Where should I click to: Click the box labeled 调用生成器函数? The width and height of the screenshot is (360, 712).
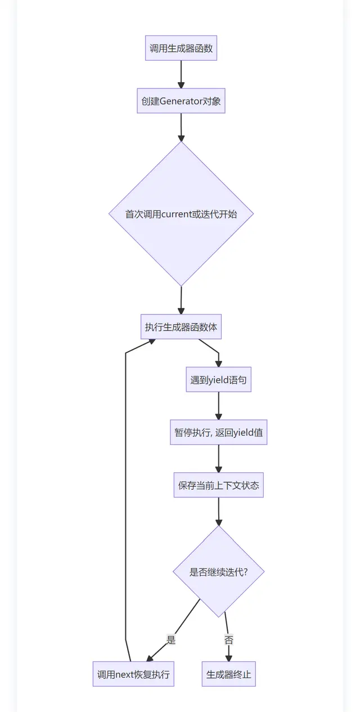tap(181, 48)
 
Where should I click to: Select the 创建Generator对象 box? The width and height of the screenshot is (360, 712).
tap(181, 101)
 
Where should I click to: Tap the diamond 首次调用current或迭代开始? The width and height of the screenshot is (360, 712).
tap(181, 214)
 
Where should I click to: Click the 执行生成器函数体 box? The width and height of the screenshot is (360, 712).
tap(181, 327)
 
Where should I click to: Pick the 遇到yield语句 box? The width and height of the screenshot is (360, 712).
tap(218, 380)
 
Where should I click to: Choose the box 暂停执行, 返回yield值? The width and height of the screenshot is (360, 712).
tap(218, 433)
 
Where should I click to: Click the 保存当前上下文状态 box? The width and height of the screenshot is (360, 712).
tap(218, 485)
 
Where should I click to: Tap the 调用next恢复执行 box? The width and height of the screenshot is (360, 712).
tap(133, 674)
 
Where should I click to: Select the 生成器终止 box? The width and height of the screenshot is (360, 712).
tap(228, 674)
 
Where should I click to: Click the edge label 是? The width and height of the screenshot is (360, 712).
tap(171, 639)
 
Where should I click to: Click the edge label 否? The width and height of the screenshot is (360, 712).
tap(228, 640)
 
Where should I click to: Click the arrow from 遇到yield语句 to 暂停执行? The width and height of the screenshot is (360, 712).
tap(218, 406)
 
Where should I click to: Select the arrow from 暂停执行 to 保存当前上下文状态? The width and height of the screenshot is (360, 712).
tap(218, 459)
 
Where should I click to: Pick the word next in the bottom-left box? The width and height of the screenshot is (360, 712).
tap(124, 674)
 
